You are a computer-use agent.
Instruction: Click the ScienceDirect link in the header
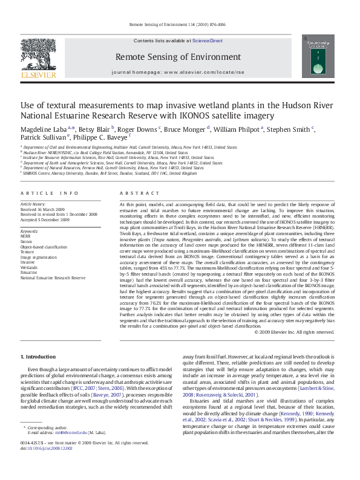208,41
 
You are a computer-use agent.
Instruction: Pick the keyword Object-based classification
44,247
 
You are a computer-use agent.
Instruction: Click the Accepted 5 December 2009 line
45,220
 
